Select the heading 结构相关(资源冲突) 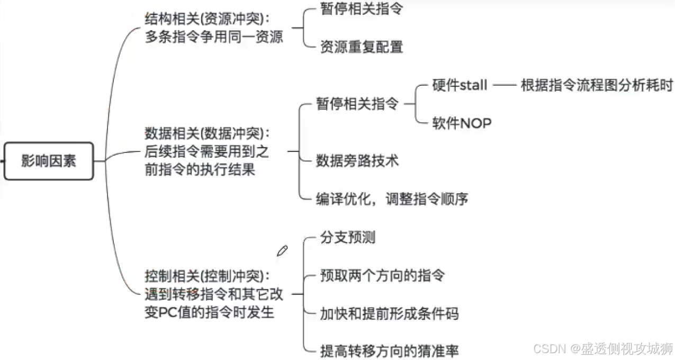pos(207,19)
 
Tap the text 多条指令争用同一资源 pos(214,37)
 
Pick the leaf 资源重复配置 pos(362,47)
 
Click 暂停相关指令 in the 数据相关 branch pos(357,104)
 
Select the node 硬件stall pos(460,85)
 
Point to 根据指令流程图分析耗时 pos(597,85)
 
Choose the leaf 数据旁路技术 pos(357,160)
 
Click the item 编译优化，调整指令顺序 pos(392,199)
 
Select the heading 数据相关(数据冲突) pos(207,133)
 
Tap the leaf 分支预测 pos(348,237)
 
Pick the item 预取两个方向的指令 pos(382,275)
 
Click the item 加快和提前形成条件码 pos(389,313)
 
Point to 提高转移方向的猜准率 pos(389,350)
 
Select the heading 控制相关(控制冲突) pos(207,276)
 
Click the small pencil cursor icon pos(282,250)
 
